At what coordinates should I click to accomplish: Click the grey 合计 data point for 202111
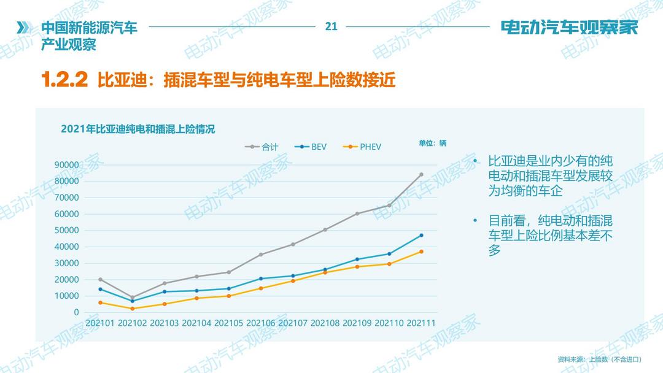tap(421, 174)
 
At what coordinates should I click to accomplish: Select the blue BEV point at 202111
tap(421, 235)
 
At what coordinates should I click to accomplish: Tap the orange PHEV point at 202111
tap(421, 252)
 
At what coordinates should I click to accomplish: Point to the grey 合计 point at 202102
tap(132, 298)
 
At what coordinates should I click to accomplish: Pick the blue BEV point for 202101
tap(100, 289)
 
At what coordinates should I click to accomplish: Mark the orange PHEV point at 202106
tap(261, 288)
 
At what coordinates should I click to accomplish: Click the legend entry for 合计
tap(262, 147)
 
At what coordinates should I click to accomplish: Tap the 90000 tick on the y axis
tap(67, 164)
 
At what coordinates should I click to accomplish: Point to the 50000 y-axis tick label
tap(67, 230)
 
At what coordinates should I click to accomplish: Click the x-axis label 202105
tap(229, 323)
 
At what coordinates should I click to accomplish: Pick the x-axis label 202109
tap(357, 323)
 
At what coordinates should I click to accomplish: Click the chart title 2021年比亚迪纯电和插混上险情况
tap(138, 129)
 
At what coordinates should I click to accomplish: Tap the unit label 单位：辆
tap(433, 143)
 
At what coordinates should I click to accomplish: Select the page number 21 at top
tap(331, 26)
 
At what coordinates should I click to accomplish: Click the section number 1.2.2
tap(64, 80)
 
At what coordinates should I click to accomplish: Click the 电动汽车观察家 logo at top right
tap(569, 28)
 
